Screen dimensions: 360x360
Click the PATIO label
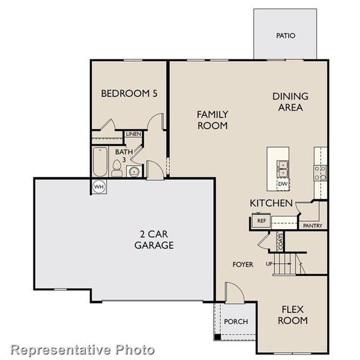click(286, 35)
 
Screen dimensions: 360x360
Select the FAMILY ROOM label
click(212, 119)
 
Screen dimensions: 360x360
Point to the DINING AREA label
click(290, 101)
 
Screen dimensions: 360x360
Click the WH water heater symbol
click(99, 187)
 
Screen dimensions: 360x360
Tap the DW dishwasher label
click(282, 184)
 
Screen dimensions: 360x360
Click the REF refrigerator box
click(261, 221)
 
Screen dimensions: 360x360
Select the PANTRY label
click(313, 226)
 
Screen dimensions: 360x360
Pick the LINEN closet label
click(133, 134)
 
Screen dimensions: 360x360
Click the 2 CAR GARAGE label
click(154, 239)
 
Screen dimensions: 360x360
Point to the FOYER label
click(243, 264)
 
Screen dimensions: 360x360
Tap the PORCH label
click(236, 321)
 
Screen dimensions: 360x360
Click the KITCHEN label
click(271, 203)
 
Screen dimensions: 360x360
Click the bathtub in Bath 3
click(100, 161)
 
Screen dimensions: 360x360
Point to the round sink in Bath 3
click(134, 172)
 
